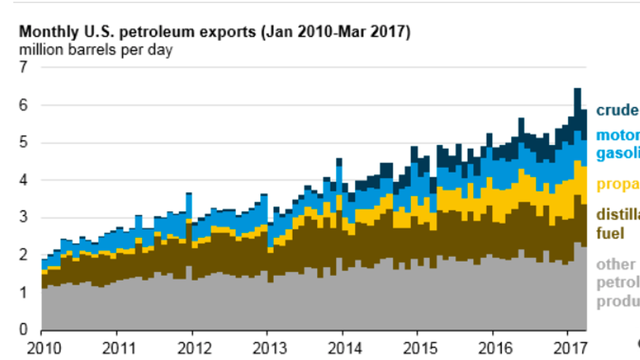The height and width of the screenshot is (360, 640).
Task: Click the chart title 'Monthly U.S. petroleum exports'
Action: (215, 32)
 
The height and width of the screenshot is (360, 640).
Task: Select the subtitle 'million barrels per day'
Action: (96, 50)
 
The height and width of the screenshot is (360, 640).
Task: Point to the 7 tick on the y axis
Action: (23, 67)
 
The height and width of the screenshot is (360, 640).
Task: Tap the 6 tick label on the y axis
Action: (23, 105)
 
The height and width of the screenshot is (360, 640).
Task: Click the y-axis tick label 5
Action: (23, 143)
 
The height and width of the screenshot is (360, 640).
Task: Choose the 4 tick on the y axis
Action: (23, 180)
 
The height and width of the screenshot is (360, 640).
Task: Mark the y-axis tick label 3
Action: (23, 217)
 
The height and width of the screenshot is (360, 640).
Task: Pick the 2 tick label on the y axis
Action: (23, 255)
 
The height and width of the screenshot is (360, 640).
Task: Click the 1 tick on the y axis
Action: (23, 293)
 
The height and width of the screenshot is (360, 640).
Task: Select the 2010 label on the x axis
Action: (44, 349)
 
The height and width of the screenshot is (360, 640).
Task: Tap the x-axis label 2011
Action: (119, 349)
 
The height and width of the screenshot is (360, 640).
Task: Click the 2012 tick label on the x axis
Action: (194, 349)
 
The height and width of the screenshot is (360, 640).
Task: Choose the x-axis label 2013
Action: (269, 349)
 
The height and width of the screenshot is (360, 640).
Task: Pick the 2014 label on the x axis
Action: (345, 349)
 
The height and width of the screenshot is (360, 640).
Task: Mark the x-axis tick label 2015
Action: (420, 349)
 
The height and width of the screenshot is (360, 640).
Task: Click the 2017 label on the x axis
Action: (570, 349)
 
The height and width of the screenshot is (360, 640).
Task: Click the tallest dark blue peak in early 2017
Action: (577, 100)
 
